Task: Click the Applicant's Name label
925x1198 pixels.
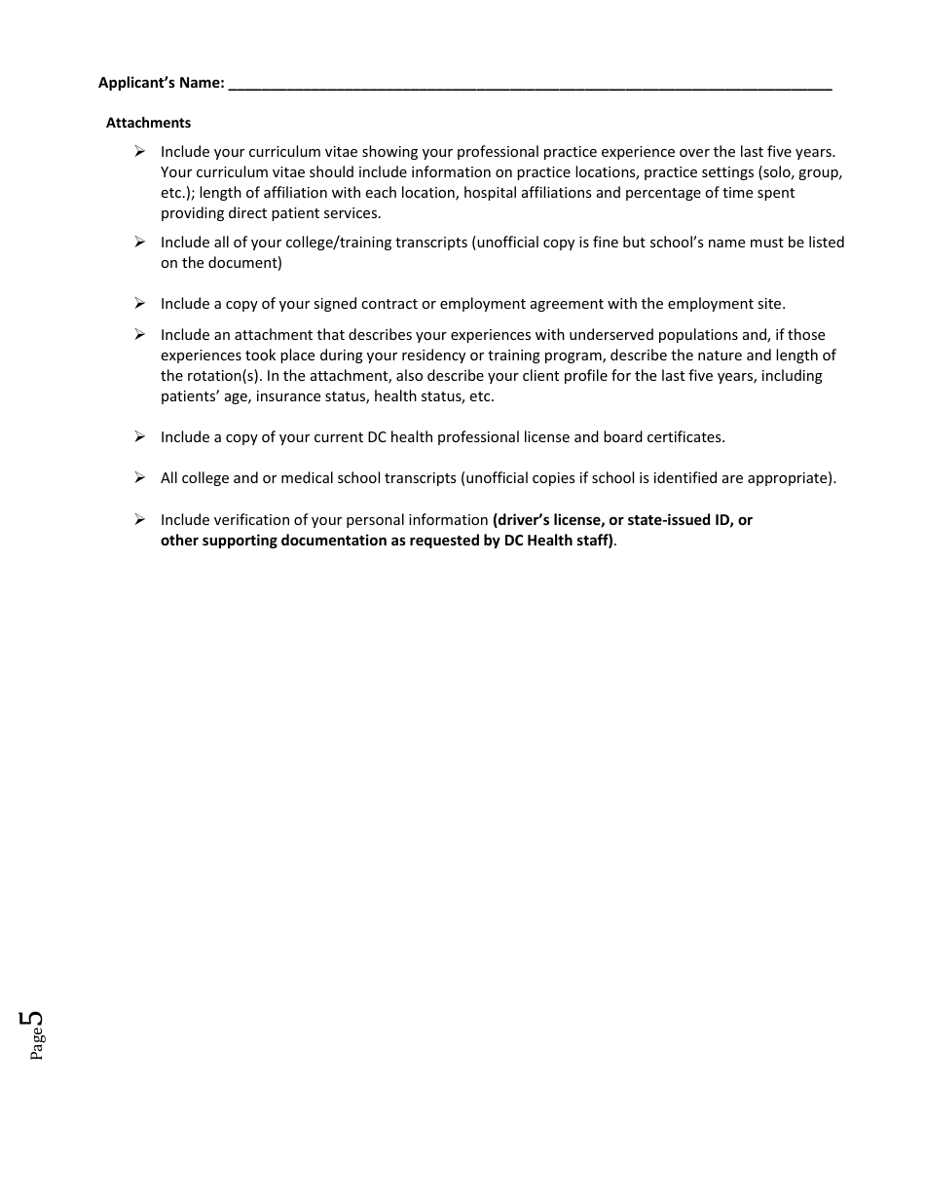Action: point(161,83)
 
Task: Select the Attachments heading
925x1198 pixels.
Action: point(148,123)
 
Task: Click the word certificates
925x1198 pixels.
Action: point(686,437)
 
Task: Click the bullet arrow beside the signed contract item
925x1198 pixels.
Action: point(139,304)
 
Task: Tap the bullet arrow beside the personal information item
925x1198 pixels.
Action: point(139,520)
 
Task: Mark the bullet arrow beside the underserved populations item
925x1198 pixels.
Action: point(139,335)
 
